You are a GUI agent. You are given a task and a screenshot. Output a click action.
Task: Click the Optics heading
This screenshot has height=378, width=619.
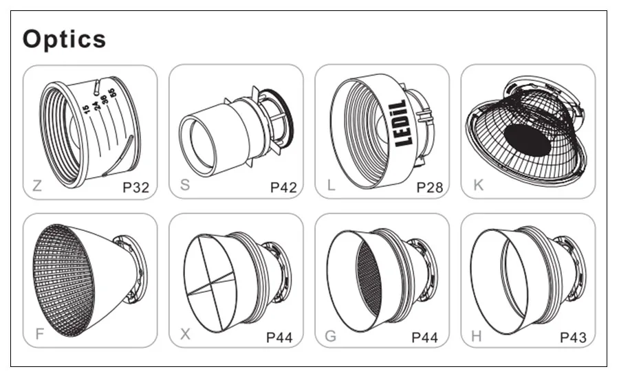(x=65, y=39)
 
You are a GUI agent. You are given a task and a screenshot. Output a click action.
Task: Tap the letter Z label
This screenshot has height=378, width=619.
(x=37, y=186)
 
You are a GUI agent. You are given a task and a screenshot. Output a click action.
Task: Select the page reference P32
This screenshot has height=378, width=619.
(x=135, y=188)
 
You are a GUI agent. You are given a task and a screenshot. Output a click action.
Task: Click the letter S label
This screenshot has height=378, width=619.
(x=185, y=185)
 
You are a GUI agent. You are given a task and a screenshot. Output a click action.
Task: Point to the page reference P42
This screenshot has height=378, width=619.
(x=283, y=188)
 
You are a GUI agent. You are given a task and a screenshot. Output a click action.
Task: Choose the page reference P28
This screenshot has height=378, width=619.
(x=430, y=188)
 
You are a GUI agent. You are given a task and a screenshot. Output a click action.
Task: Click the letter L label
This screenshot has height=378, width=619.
(x=332, y=185)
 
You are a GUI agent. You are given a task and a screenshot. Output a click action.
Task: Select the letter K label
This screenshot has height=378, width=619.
(x=478, y=185)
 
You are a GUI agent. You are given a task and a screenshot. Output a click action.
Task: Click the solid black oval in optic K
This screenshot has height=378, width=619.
(x=528, y=140)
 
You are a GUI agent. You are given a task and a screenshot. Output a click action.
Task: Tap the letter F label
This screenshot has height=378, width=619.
(x=39, y=334)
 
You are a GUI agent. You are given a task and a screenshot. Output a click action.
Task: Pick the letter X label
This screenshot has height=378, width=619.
(x=185, y=334)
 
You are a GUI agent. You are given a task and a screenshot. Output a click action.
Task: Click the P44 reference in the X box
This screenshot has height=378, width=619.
(x=279, y=337)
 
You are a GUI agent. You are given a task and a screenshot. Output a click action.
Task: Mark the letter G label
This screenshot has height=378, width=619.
(x=331, y=336)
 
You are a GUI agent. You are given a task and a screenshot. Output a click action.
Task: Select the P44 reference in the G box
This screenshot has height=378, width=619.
(x=425, y=337)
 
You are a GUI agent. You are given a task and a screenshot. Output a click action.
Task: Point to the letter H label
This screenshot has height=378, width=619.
(x=477, y=336)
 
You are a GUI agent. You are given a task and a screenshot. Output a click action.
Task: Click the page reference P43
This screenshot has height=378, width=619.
(x=573, y=337)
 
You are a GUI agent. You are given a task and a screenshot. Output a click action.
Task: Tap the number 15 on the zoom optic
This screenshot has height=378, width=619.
(x=87, y=109)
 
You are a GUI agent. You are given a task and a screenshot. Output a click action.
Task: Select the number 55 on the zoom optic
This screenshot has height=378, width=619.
(x=112, y=93)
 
